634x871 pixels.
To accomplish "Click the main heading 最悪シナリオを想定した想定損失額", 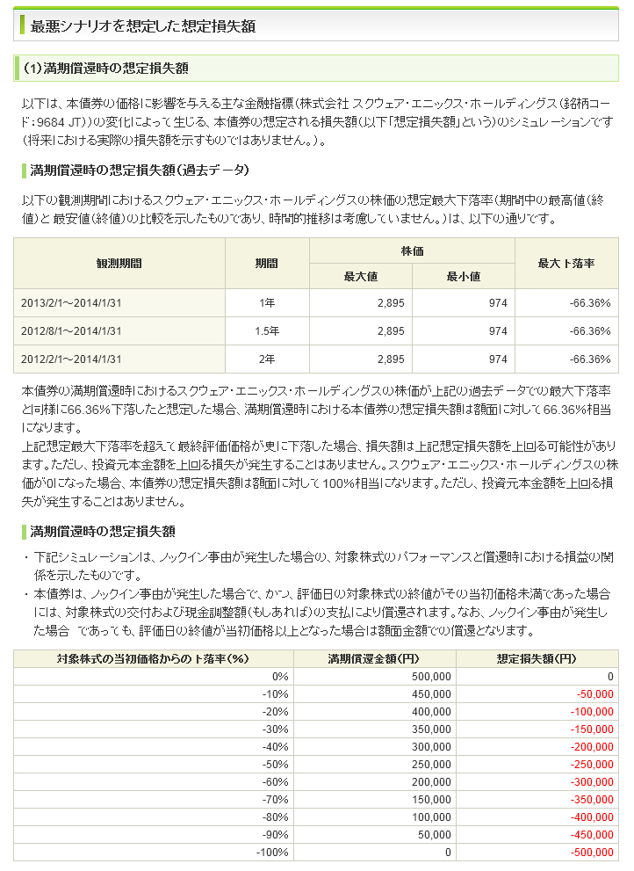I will pos(143,26).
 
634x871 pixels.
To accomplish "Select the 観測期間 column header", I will pos(119,263).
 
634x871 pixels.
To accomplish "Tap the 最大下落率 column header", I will pos(566,263).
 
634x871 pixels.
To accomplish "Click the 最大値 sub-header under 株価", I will pos(360,276).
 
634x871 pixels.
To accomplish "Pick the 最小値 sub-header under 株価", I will pos(463,276).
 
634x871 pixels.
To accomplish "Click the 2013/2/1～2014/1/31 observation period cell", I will pos(71,303).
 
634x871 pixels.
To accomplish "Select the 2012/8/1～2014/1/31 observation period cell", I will pos(71,331).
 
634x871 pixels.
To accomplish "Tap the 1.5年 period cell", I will pos(267,331).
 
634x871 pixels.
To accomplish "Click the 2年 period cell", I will pos(267,359).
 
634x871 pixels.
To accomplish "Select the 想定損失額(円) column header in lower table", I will pos(536,658).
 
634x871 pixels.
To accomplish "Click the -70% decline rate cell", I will pos(276,799).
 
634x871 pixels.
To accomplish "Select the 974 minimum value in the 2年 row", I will pos(498,359).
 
